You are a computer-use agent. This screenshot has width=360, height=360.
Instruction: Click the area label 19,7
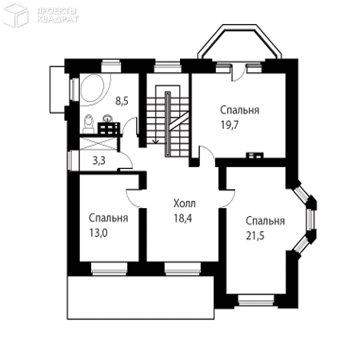point(230,125)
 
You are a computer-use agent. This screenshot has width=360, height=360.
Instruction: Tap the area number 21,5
point(255,236)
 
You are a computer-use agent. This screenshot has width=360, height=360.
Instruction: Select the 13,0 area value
point(98,233)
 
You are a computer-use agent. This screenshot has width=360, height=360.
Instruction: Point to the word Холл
point(185,203)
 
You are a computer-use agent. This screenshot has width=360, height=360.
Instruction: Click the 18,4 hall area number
point(183,218)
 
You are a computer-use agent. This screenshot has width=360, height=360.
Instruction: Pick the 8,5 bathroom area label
point(122,102)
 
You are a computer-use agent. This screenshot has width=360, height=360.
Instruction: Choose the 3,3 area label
point(99,161)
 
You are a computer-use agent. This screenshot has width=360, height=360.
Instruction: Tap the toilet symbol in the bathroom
point(88,123)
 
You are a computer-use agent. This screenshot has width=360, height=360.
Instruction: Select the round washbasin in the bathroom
point(108,118)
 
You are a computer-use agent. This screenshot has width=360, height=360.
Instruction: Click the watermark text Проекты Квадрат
point(58,15)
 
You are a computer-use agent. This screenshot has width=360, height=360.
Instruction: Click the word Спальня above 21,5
point(265,221)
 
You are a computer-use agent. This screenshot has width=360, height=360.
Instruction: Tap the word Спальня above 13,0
point(108,218)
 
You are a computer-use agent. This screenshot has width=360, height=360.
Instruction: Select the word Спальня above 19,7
point(240,110)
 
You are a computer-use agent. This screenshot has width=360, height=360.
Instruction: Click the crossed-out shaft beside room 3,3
point(98,144)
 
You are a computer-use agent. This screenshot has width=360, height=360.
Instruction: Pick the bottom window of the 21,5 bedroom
point(256,299)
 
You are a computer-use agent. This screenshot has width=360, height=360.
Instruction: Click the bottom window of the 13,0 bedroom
point(109,268)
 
